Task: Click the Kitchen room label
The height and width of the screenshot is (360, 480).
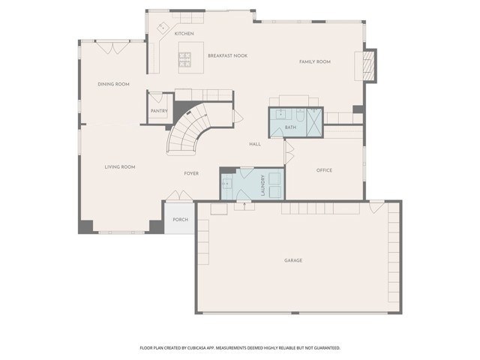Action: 184,33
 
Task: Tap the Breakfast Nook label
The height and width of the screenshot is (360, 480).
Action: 227,55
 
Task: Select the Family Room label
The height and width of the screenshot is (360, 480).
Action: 315,61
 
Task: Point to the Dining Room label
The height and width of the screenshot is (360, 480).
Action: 113,84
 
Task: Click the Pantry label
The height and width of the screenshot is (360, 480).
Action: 159,111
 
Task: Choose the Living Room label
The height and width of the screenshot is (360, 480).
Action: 120,166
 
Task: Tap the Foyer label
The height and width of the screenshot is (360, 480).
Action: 191,173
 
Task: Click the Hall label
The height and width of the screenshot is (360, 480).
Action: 255,144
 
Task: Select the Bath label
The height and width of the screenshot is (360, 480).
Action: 290,127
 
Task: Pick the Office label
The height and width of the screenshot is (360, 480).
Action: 324,170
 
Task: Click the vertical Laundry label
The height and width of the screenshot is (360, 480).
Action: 262,185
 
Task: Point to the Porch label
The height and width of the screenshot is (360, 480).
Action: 180,220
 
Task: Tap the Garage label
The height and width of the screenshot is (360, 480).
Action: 293,260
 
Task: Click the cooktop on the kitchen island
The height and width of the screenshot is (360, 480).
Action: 184,59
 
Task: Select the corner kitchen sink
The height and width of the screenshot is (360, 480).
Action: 163,27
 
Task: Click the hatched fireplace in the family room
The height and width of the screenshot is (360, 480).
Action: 369,65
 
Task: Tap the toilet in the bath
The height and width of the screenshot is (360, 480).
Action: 300,114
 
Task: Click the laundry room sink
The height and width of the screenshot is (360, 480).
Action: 226,184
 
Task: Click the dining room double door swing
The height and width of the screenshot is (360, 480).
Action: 113,48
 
